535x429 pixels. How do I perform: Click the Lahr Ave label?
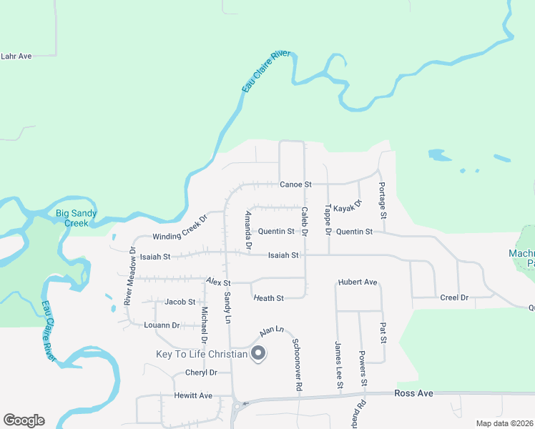(16, 56)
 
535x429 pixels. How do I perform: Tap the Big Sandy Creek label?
(77, 218)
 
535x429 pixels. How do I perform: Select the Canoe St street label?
(295, 184)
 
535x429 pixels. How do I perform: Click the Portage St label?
(383, 204)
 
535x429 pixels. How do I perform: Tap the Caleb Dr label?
(304, 222)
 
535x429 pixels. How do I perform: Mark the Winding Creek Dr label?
(179, 227)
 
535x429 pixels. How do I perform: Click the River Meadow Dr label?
(130, 277)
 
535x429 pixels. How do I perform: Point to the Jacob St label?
(180, 302)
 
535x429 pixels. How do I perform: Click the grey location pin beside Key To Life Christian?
(258, 354)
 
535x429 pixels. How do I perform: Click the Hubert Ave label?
(358, 282)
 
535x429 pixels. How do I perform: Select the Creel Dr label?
(454, 297)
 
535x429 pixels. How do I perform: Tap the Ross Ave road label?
(415, 393)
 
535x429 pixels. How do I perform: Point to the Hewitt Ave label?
(193, 395)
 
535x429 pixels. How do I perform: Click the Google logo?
(24, 420)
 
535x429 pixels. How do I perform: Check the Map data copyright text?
(504, 423)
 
